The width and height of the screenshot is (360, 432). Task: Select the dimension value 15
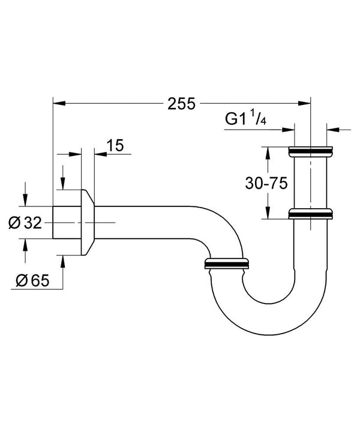click(x=115, y=145)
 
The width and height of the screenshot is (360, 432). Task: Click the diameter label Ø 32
click(x=25, y=223)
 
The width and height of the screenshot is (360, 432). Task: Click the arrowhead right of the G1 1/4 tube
click(x=332, y=128)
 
